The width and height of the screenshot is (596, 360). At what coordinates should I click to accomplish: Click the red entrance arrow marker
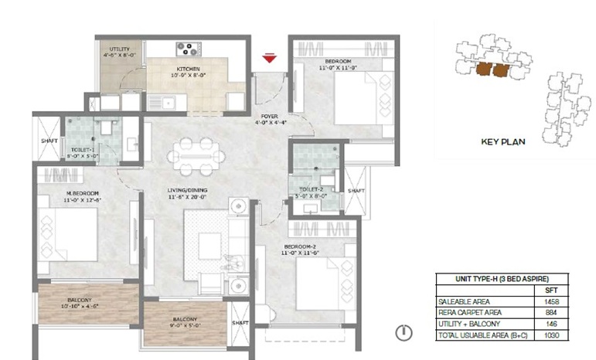click(x=269, y=58)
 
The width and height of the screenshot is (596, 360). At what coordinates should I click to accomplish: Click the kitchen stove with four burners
click(x=189, y=49)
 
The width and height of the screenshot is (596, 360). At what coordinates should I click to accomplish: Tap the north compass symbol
click(x=402, y=333)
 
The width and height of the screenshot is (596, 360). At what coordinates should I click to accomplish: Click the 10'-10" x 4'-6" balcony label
click(x=79, y=303)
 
